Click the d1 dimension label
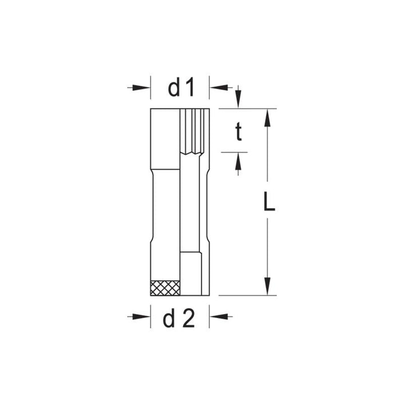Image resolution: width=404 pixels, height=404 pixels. coord(180,88)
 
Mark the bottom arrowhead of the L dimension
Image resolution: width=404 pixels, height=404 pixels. coord(268,287)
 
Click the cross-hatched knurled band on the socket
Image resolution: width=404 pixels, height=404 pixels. coord(165,287)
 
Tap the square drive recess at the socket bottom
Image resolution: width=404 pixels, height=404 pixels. coord(192,273)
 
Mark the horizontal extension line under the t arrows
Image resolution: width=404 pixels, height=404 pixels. coord(234,151)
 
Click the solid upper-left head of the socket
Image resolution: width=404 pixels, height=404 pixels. coord(164,137)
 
